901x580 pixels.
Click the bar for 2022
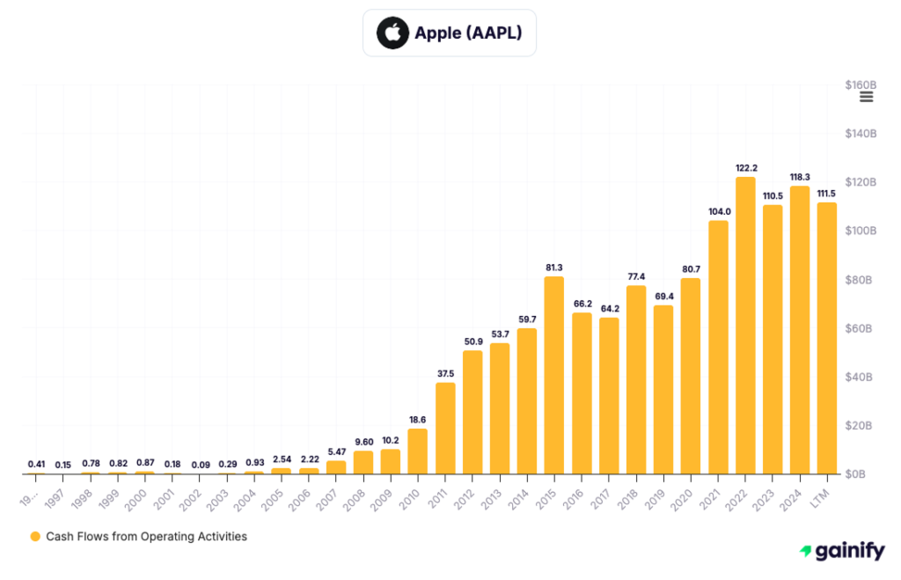[745, 326]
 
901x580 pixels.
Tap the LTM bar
[827, 339]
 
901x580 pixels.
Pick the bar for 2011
[445, 429]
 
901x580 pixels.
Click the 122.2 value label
[745, 167]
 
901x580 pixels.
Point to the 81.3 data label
[554, 267]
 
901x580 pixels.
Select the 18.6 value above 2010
[418, 419]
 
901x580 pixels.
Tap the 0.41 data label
[36, 464]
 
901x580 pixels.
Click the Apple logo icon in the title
[392, 33]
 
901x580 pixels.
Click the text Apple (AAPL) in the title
[469, 33]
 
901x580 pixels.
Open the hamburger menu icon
[866, 97]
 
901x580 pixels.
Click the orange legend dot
[35, 536]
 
